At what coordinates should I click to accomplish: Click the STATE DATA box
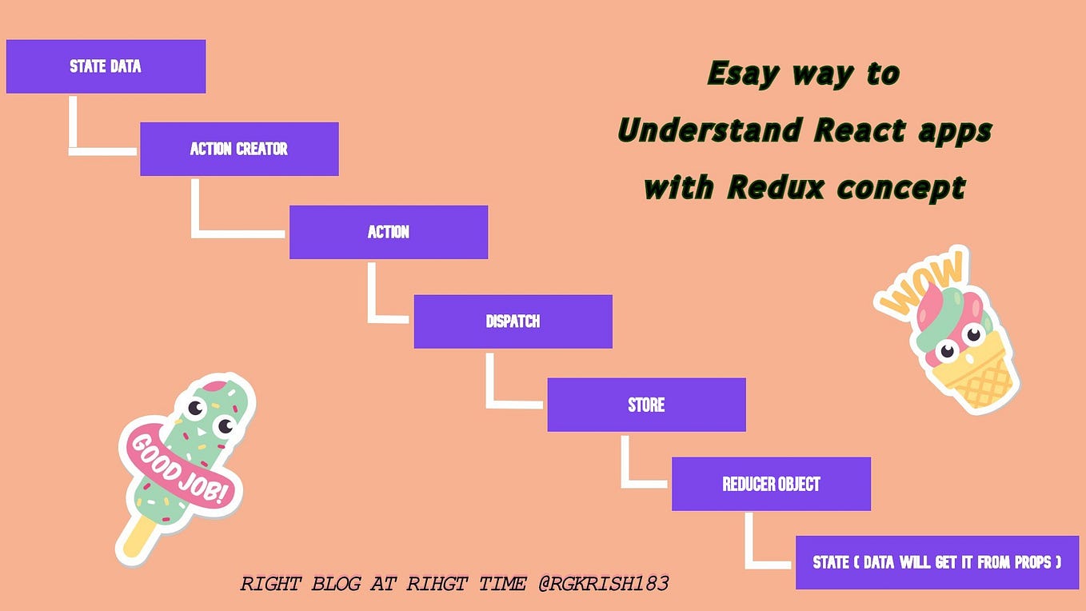[106, 66]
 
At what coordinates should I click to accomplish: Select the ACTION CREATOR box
[239, 149]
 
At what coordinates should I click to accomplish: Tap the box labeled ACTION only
[389, 232]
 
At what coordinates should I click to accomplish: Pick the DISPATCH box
[513, 321]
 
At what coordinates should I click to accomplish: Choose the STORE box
[646, 405]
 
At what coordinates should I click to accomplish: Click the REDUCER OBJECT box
[771, 484]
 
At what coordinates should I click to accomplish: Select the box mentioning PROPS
[937, 562]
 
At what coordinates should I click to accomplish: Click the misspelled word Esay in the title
[743, 74]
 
